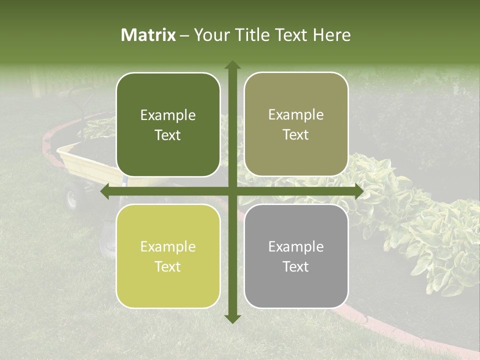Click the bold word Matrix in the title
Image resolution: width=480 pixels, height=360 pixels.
[148, 35]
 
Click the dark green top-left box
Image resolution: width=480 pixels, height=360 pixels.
[168, 125]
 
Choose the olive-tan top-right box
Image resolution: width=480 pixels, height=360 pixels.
[296, 124]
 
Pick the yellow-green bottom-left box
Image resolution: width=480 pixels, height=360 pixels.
[168, 256]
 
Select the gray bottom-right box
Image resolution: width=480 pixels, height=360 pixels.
[296, 256]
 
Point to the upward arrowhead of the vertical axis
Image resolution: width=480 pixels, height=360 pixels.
[232, 65]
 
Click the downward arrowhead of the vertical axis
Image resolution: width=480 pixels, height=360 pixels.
[232, 318]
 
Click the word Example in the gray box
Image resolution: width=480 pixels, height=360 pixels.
[296, 246]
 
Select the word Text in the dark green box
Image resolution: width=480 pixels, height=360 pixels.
[168, 135]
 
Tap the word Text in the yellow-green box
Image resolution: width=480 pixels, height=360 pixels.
[168, 267]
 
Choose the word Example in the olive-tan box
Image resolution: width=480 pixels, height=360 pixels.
[296, 115]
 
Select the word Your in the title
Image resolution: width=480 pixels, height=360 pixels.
[210, 35]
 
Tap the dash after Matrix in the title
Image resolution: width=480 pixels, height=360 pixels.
[184, 35]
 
